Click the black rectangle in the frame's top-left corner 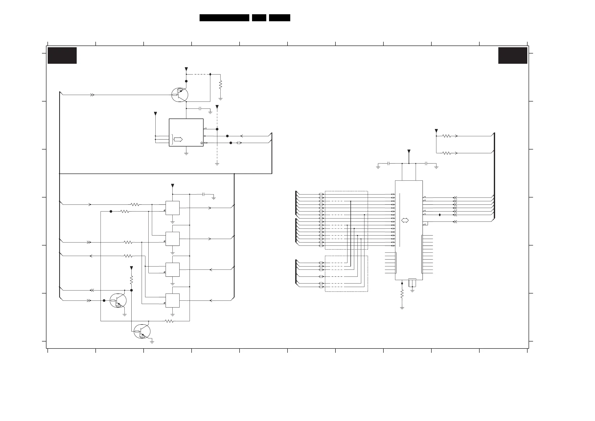coord(62,55)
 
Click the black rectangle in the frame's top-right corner coord(513,55)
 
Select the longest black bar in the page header coord(224,18)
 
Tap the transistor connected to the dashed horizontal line coord(180,95)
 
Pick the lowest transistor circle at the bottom coord(142,331)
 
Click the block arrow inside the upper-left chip coord(178,139)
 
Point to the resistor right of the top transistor coord(221,85)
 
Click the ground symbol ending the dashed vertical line coord(217,164)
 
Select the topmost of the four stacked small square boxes coord(173,208)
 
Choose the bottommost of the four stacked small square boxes coord(173,300)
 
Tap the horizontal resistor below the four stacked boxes coord(169,321)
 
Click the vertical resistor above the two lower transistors coord(131,280)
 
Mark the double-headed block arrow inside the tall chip coord(405,220)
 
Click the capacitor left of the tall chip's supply coord(388,163)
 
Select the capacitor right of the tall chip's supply coord(426,163)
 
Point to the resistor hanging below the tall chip coord(402,294)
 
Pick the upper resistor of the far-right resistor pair coord(447,136)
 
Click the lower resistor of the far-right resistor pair coord(447,153)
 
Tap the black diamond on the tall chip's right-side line coord(440,215)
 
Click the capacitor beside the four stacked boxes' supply coord(204,194)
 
